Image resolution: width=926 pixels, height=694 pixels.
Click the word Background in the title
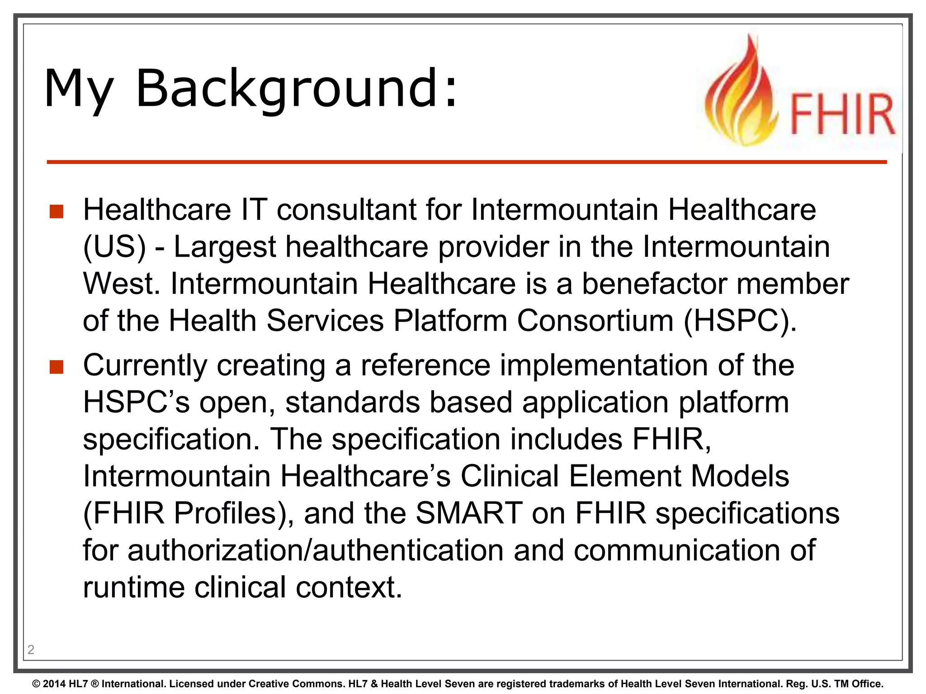click(297, 89)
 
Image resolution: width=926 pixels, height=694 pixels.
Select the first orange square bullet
click(57, 211)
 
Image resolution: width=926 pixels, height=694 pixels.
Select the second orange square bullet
click(57, 367)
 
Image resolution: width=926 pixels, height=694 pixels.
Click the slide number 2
click(31, 650)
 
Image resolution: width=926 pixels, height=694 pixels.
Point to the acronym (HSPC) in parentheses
click(740, 321)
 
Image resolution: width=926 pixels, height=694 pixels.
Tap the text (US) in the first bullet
click(114, 247)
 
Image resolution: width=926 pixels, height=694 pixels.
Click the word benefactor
click(654, 284)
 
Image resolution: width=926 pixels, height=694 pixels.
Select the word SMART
click(469, 513)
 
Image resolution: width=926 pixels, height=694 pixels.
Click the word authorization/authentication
click(316, 550)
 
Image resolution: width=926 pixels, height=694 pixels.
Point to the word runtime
click(134, 587)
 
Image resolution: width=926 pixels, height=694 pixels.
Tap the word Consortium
click(595, 321)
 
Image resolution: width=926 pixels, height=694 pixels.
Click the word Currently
click(145, 366)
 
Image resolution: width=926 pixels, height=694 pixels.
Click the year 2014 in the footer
click(54, 684)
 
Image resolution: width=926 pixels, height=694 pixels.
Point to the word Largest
click(224, 247)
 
